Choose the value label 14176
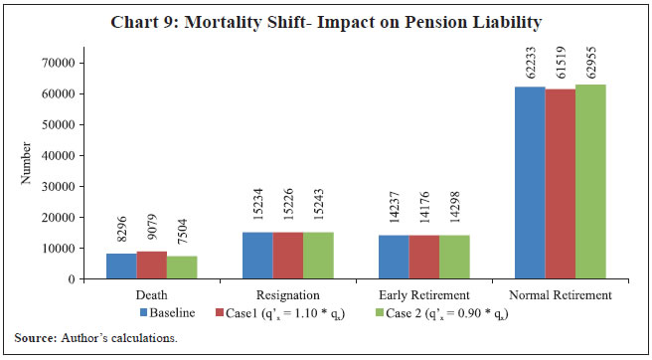(x=425, y=213)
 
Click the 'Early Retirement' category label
(x=424, y=295)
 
